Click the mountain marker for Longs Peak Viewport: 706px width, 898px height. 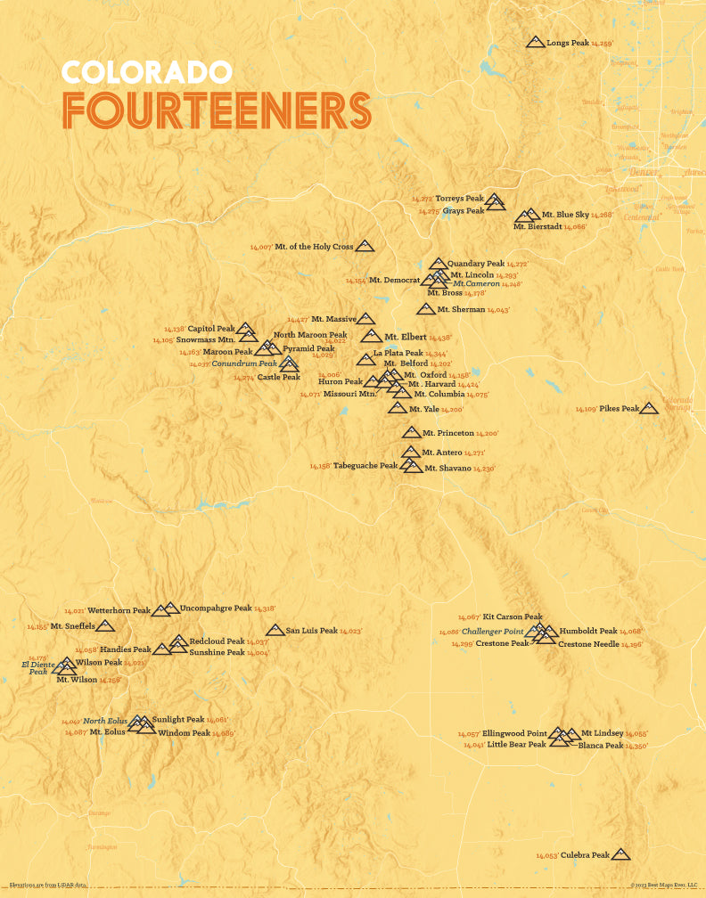pos(535,42)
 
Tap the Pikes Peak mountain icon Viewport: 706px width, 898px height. pos(649,408)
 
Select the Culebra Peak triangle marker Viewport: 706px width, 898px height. pos(620,854)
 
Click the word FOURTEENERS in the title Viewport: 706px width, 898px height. pos(217,111)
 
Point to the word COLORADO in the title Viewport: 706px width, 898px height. pos(147,71)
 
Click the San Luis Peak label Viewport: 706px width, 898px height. pos(312,631)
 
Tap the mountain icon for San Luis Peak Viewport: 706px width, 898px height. pos(275,630)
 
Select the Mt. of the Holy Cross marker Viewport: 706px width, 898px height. pos(365,246)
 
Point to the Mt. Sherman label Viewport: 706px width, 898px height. pos(461,310)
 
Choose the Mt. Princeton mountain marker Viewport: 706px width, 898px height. pos(411,432)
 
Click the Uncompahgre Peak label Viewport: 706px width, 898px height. pos(216,608)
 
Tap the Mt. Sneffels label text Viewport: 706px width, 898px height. pos(72,626)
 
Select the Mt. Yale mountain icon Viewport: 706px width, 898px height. pos(398,408)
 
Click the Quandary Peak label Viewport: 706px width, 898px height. pos(476,264)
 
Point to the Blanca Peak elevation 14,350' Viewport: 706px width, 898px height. pos(636,746)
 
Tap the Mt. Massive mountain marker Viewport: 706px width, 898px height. pos(365,318)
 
